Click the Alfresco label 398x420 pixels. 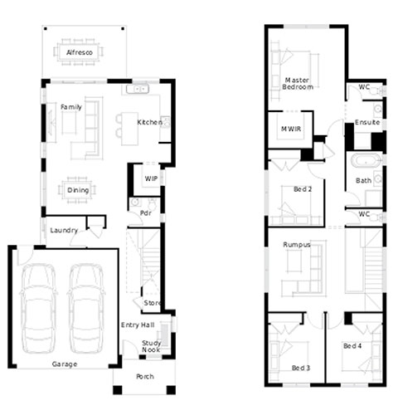(x=80, y=52)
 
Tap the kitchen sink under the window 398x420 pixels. (x=138, y=89)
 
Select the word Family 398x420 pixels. (x=71, y=107)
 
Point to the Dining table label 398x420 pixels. (x=78, y=190)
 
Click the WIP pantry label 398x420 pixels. (x=151, y=178)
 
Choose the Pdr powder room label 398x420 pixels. (x=146, y=213)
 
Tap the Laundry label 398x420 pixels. (x=64, y=231)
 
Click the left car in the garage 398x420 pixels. (x=38, y=309)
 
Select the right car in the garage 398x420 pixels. (x=86, y=309)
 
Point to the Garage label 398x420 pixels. (x=65, y=364)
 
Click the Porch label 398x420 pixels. (x=145, y=376)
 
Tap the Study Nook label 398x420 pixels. (x=151, y=346)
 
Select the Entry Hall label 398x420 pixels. (x=138, y=325)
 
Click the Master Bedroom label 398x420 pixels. (x=298, y=84)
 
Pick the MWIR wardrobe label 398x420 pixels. (x=291, y=129)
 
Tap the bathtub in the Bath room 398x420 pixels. (x=366, y=160)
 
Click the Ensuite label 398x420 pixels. (x=367, y=122)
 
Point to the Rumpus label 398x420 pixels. (x=297, y=245)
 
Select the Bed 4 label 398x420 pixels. (x=352, y=346)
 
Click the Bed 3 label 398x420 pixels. (x=301, y=368)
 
